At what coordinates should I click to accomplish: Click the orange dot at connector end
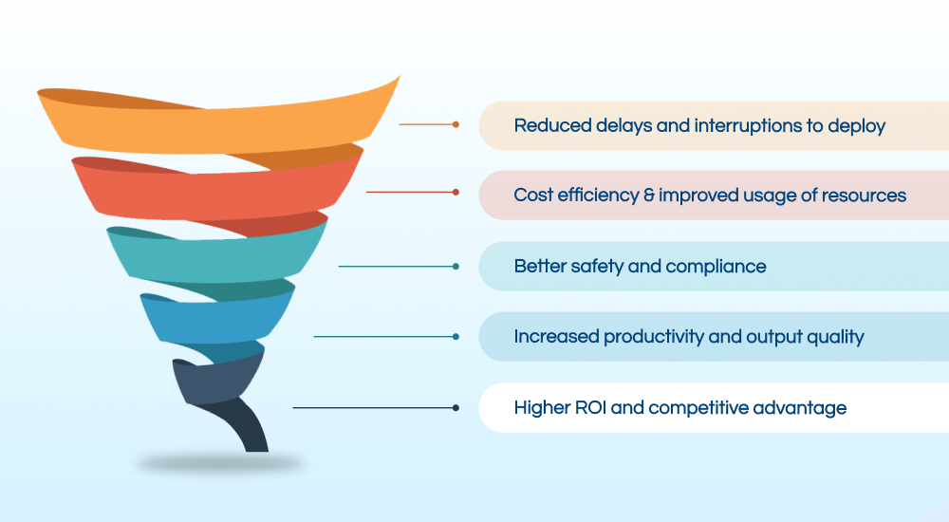pyautogui.click(x=456, y=124)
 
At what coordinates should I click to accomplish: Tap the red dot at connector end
pyautogui.click(x=456, y=193)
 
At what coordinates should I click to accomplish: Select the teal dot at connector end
pyautogui.click(x=456, y=267)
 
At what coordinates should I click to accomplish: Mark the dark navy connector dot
pyautogui.click(x=456, y=408)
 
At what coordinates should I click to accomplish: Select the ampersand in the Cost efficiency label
pyautogui.click(x=646, y=196)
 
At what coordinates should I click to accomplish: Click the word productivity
pyautogui.click(x=655, y=337)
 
